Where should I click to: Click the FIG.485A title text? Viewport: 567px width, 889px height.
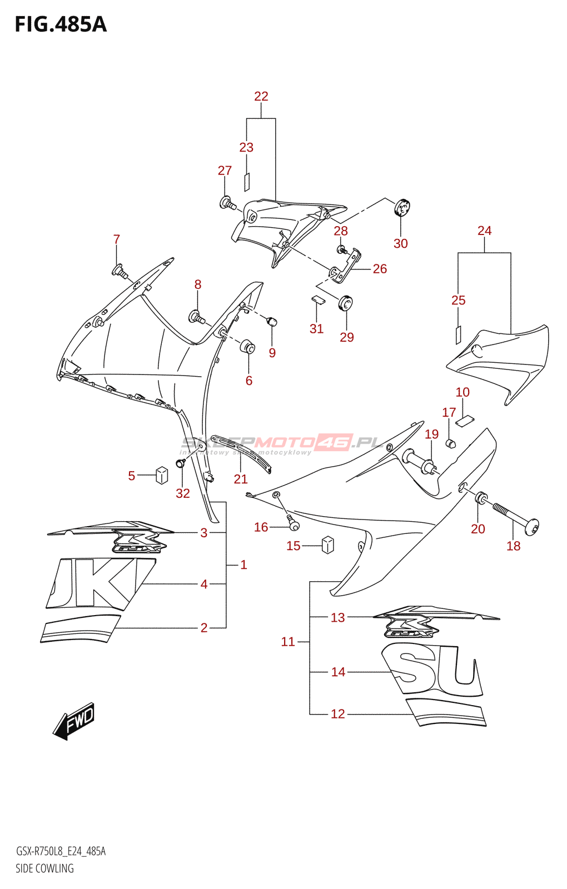[61, 25]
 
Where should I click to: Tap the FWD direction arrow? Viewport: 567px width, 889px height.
[74, 721]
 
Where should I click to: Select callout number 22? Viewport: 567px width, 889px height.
[261, 96]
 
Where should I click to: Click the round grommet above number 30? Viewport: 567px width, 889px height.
[402, 207]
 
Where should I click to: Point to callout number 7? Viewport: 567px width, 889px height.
[117, 239]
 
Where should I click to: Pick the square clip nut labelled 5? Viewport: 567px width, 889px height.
[162, 475]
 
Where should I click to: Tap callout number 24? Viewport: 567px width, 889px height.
[484, 231]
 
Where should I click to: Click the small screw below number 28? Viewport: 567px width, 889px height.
[342, 249]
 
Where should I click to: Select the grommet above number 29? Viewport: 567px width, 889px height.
[346, 303]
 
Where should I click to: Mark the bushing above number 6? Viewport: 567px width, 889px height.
[247, 347]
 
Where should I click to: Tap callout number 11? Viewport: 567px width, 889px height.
[288, 642]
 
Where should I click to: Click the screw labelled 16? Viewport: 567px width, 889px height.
[292, 522]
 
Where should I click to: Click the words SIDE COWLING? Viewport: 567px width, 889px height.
[44, 868]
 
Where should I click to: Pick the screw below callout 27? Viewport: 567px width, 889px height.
[227, 203]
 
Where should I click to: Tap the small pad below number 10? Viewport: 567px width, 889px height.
[464, 421]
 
